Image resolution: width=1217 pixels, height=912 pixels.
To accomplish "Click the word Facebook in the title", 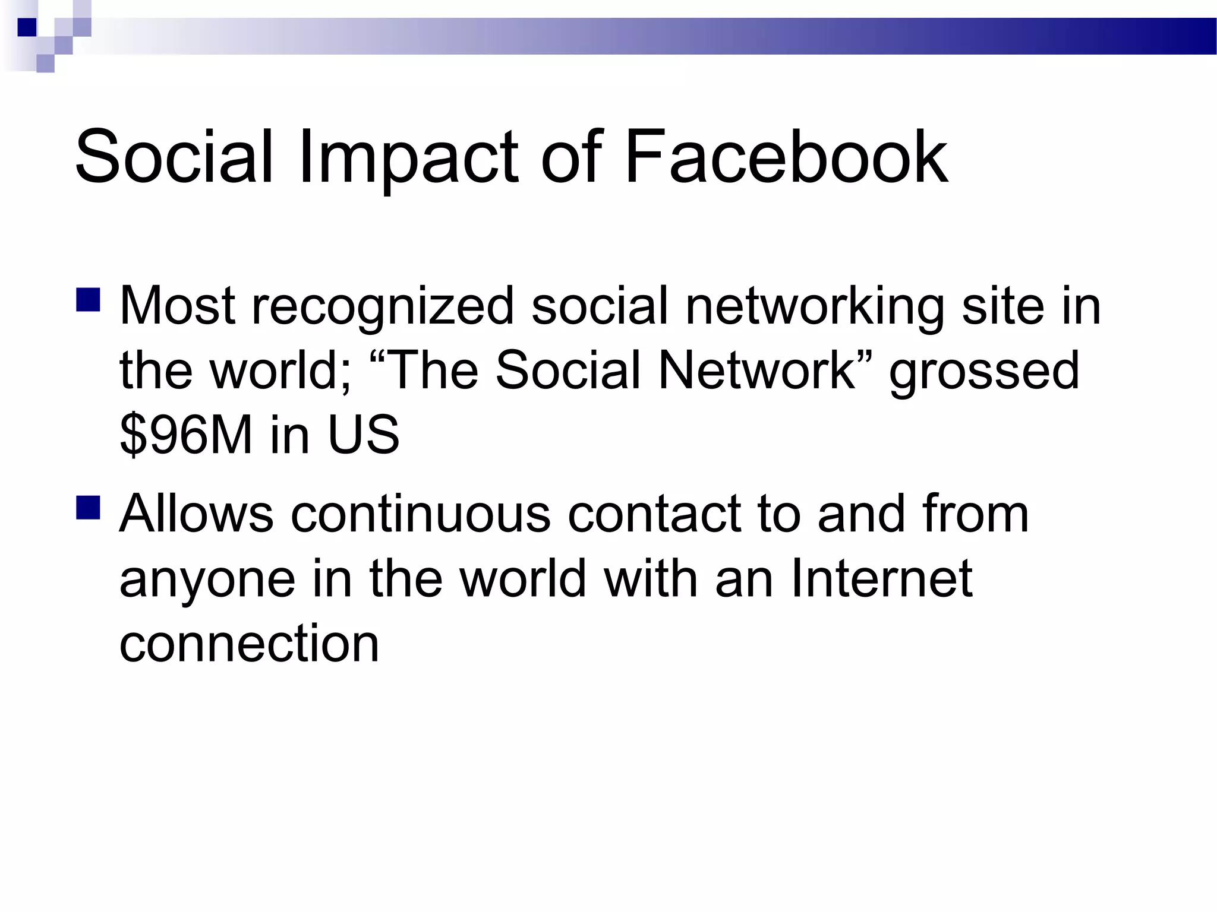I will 786,157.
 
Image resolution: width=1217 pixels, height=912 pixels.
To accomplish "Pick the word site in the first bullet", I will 1002,306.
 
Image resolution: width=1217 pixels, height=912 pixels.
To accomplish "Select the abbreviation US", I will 364,435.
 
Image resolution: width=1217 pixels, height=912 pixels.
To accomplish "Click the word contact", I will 654,514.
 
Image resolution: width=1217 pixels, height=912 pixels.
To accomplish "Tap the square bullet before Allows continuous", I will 88,508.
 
